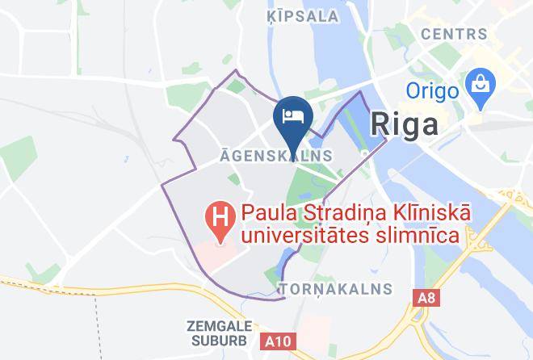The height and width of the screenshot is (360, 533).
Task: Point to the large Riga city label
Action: [x=405, y=124]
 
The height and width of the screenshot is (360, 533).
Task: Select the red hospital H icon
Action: [x=218, y=216]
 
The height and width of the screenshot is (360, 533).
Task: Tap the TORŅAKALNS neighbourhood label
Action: [x=335, y=288]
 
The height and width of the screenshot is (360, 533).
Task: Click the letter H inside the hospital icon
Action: [x=218, y=216]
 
